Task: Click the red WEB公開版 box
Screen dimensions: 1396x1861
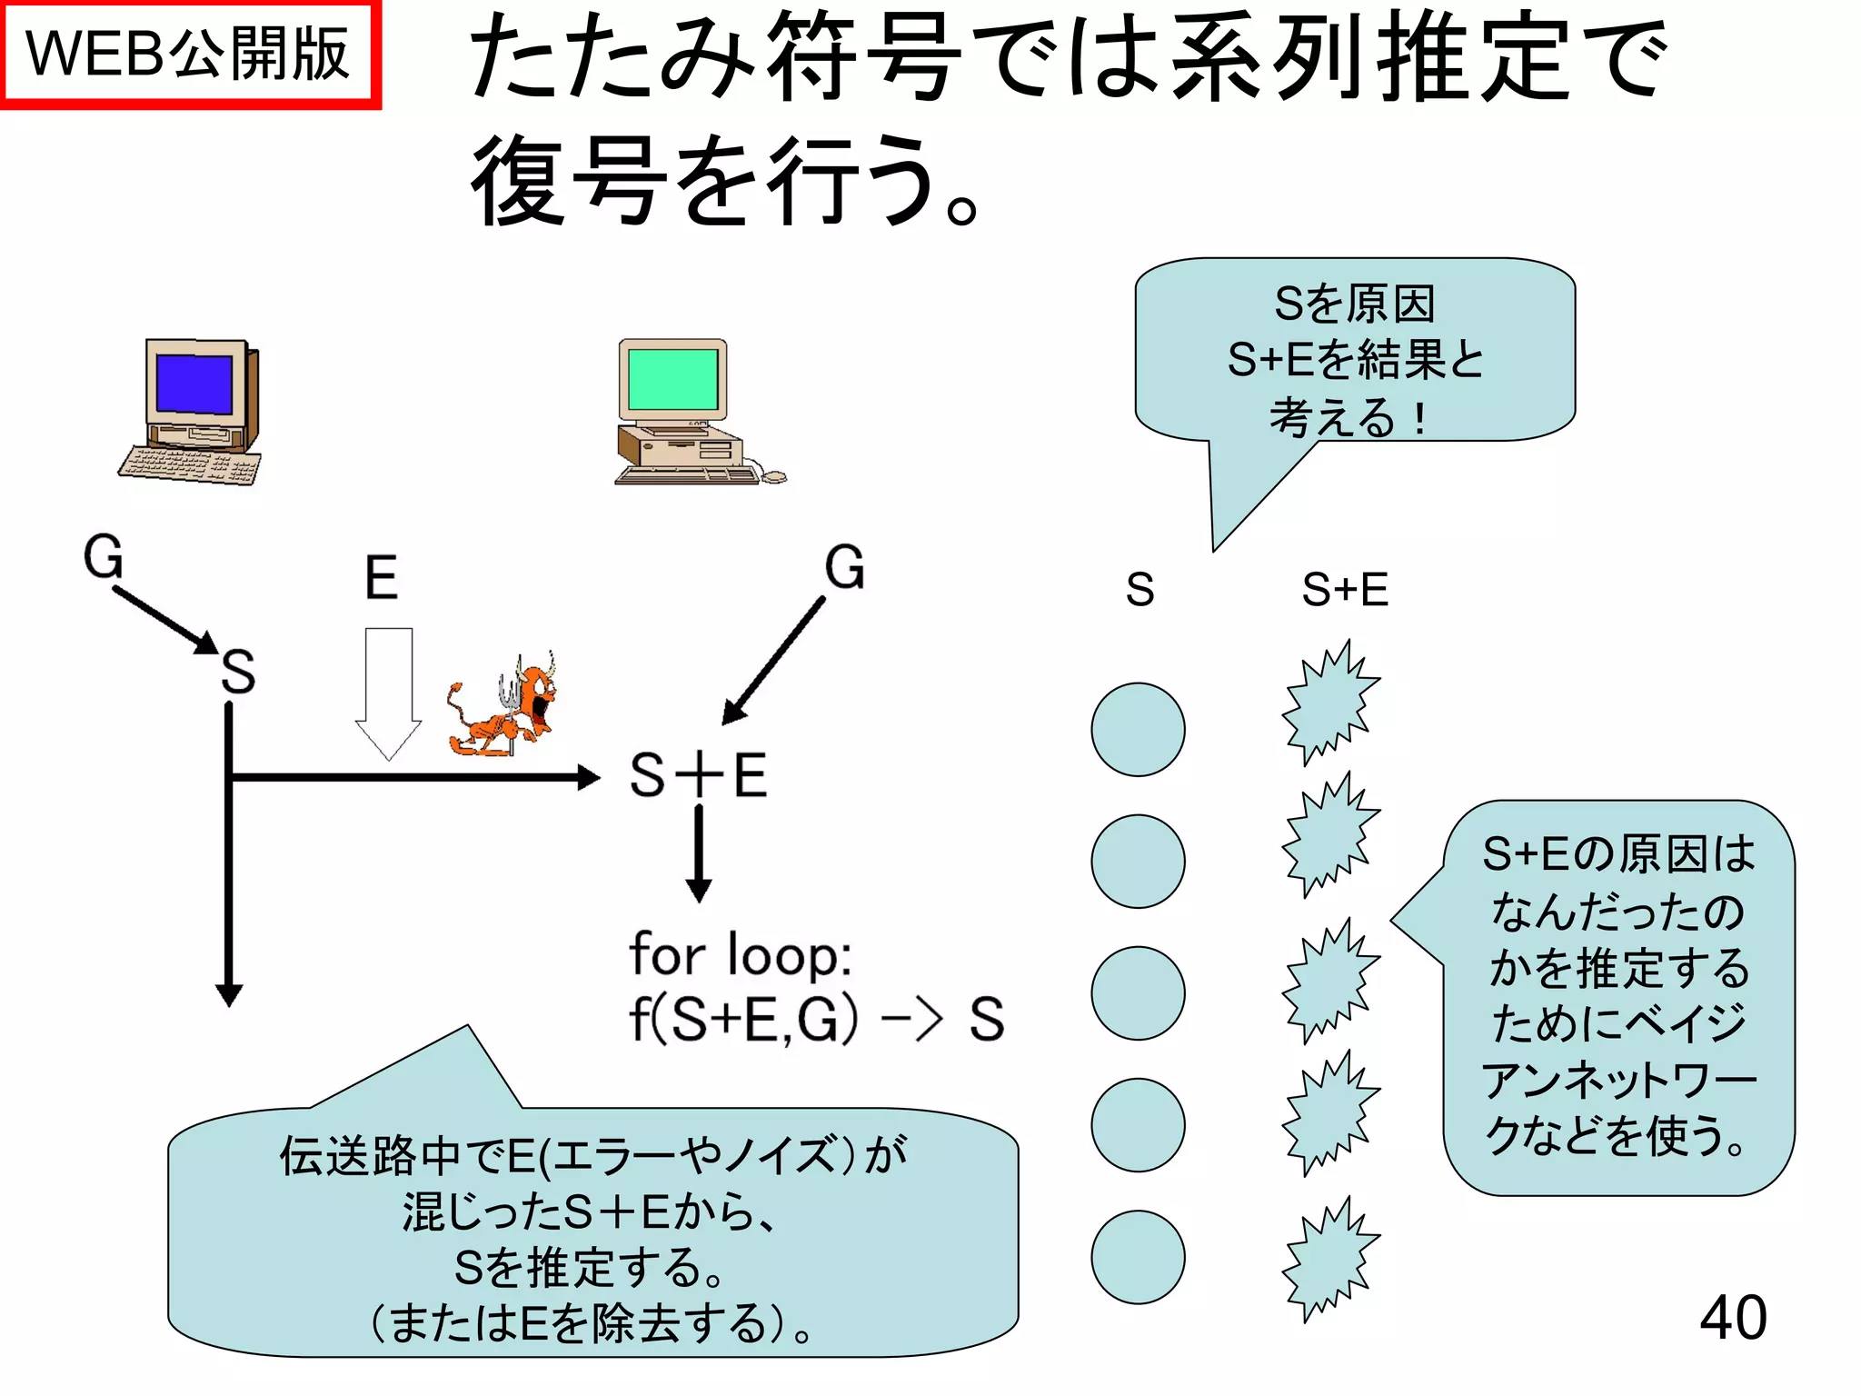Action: click(189, 55)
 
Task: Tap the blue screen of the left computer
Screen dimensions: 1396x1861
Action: click(194, 384)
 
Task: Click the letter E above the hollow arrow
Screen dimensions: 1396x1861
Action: click(381, 577)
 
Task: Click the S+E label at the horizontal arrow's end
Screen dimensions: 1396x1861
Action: click(698, 775)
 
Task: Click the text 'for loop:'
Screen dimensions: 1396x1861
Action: click(741, 954)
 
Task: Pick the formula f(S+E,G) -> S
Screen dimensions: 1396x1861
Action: click(815, 1019)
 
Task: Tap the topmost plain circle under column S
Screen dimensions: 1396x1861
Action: click(1138, 730)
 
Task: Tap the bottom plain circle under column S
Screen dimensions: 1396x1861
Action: click(1138, 1257)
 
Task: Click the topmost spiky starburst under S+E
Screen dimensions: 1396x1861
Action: click(1329, 702)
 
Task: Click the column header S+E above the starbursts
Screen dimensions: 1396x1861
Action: click(1345, 589)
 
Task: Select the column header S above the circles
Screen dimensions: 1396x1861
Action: click(1139, 589)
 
